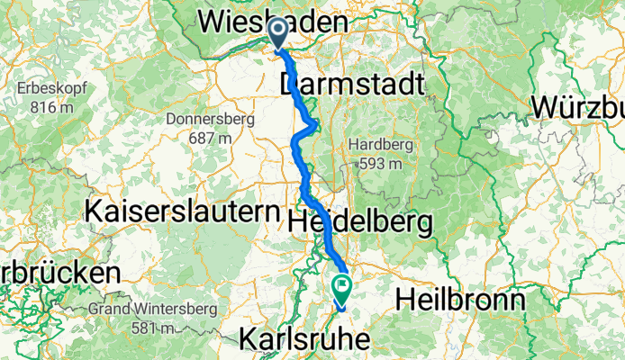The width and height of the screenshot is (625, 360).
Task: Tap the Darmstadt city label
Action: [x=351, y=85]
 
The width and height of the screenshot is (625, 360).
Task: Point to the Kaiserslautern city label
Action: [x=184, y=212]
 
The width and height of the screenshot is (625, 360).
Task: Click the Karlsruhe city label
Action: [x=306, y=339]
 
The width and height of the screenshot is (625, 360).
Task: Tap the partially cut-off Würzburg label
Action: [x=577, y=106]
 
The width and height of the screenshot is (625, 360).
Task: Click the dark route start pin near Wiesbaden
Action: [x=278, y=34]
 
